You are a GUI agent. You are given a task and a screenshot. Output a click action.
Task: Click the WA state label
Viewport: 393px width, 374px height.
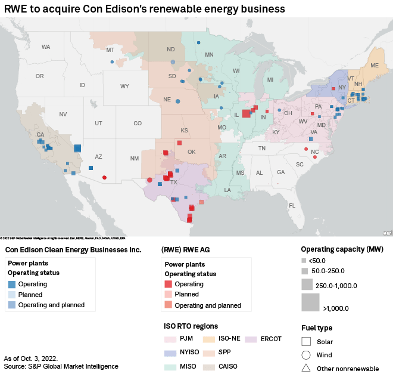(x=46, y=47)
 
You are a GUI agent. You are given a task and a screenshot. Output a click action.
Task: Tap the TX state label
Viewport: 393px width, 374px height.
(x=174, y=182)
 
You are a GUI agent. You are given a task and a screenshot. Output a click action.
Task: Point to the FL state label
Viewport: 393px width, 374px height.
(x=292, y=205)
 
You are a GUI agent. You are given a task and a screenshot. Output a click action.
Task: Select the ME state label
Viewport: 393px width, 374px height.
(x=375, y=65)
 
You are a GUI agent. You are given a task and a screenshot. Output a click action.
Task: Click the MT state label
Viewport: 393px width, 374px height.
(x=110, y=50)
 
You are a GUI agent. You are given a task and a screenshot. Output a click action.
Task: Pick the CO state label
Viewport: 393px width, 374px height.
(x=138, y=123)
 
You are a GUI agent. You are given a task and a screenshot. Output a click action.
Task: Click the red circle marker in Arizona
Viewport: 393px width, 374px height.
(x=105, y=177)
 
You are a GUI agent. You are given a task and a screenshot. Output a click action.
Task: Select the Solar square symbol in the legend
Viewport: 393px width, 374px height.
(x=306, y=342)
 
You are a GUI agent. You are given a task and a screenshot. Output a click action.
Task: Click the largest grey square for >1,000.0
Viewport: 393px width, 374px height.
(x=310, y=303)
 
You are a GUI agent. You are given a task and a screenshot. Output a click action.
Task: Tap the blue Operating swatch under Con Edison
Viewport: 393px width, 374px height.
(x=11, y=284)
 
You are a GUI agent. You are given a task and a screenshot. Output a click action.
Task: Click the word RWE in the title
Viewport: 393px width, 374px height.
(x=18, y=8)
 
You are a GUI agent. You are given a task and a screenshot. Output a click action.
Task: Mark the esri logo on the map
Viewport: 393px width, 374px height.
(x=387, y=233)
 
